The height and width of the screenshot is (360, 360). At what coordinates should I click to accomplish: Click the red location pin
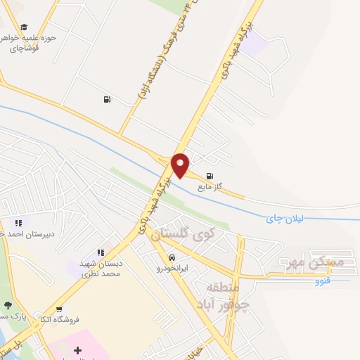(181, 165)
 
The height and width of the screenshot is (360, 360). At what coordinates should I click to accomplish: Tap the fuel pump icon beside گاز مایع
(209, 176)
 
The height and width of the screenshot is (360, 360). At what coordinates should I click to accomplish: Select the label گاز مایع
(210, 186)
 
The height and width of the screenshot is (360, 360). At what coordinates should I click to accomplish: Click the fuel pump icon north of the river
(106, 99)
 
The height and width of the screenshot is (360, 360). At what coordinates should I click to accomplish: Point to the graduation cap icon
(24, 27)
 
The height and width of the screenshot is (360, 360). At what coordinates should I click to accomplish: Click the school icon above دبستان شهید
(101, 252)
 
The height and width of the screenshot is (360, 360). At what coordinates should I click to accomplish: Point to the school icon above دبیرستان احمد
(17, 224)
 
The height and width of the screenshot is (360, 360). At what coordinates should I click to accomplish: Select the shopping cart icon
(58, 309)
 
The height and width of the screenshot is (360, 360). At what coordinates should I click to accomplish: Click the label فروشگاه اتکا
(60, 319)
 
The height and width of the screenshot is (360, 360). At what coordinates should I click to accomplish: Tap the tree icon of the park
(8, 306)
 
